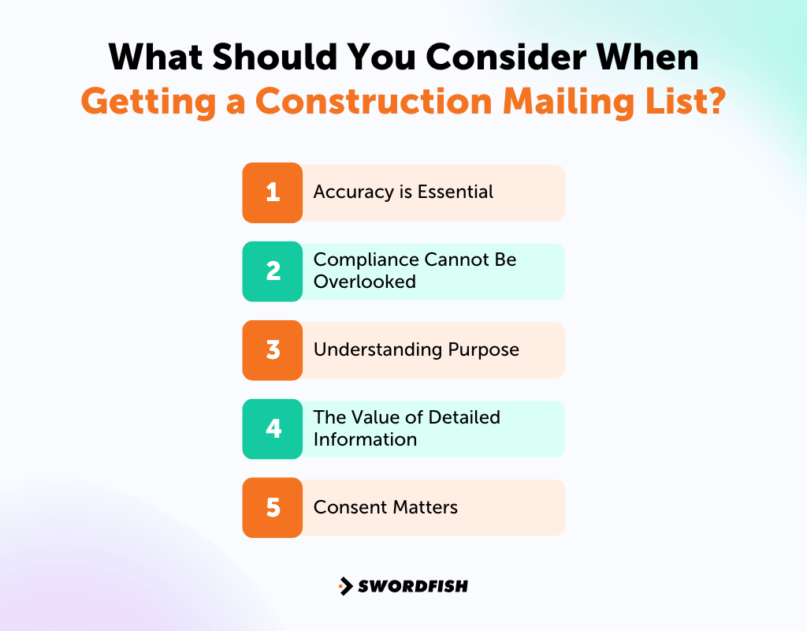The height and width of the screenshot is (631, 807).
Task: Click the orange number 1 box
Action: point(273,192)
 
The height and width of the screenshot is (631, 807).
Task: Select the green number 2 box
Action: point(273,271)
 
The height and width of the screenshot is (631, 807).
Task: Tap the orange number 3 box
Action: point(273,350)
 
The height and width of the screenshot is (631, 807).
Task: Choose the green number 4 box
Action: point(273,429)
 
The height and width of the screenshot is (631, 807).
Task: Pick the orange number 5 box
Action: point(273,508)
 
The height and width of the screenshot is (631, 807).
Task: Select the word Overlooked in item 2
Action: point(364,282)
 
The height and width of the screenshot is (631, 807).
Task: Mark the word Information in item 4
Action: point(365,439)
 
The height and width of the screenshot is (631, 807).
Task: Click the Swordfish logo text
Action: point(412,586)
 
